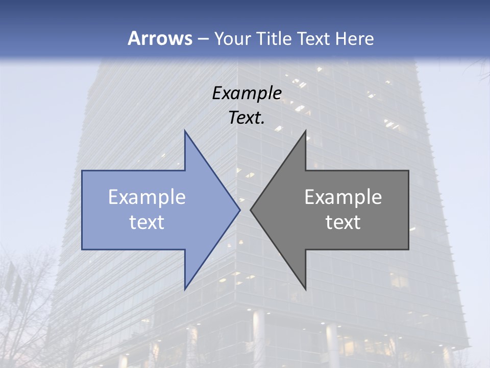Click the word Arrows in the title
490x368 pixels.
(x=159, y=38)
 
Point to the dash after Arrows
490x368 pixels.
(x=203, y=39)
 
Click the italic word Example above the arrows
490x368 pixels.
(x=247, y=93)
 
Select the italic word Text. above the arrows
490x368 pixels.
(x=247, y=118)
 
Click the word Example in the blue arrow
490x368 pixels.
(x=147, y=197)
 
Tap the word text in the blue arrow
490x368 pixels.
(x=147, y=222)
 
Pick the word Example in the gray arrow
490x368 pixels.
(x=343, y=197)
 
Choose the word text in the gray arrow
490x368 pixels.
(x=343, y=222)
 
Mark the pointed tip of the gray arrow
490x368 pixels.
(x=251, y=210)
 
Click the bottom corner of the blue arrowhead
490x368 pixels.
(x=185, y=289)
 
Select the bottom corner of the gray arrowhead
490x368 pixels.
(x=305, y=289)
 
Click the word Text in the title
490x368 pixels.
(x=313, y=38)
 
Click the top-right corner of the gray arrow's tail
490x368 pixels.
(x=408, y=171)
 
